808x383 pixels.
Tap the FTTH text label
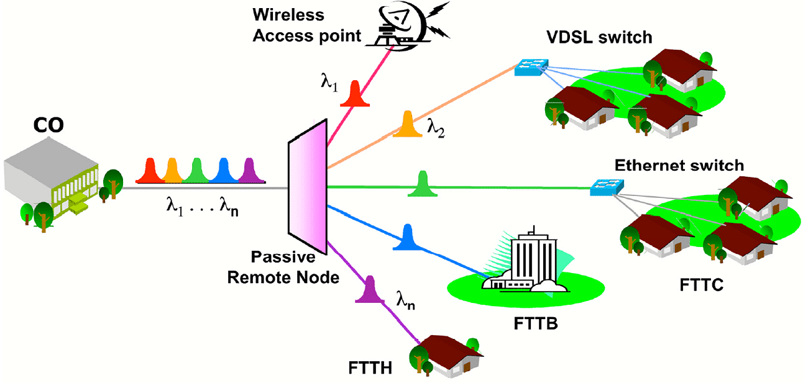(x=370, y=368)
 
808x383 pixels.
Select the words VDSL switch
(x=599, y=37)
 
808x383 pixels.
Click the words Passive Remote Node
(x=283, y=267)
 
